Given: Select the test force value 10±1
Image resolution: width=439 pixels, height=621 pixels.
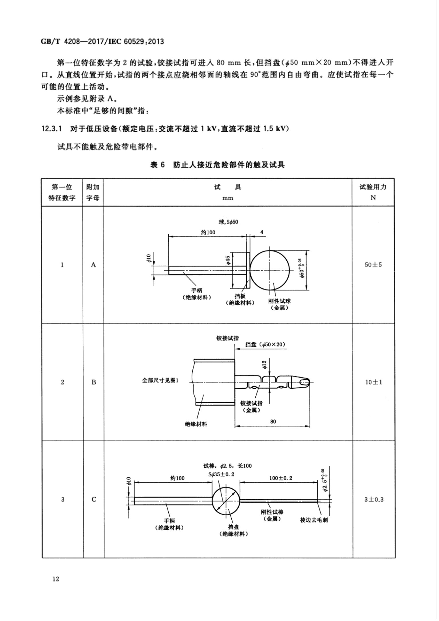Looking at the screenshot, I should click(373, 382).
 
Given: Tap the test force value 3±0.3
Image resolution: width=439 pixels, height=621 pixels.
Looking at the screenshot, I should click(374, 500).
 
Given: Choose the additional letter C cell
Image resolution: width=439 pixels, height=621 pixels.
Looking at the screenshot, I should click(94, 500).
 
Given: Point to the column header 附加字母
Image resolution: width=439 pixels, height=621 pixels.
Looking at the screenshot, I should click(93, 192).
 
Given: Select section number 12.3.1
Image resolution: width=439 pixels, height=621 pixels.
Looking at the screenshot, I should click(52, 129).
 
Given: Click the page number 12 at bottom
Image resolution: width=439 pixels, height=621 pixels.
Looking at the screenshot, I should click(56, 579).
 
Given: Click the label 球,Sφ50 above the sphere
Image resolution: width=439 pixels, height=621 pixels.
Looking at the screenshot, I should click(228, 222).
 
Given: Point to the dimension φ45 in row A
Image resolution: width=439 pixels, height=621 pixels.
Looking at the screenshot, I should click(228, 260).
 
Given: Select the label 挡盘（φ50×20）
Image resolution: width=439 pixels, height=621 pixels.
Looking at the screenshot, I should click(265, 344).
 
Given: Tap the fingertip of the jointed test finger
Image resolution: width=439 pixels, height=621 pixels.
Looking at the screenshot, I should click(305, 382).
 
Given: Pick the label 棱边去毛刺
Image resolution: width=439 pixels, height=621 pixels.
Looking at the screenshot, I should click(314, 520).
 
